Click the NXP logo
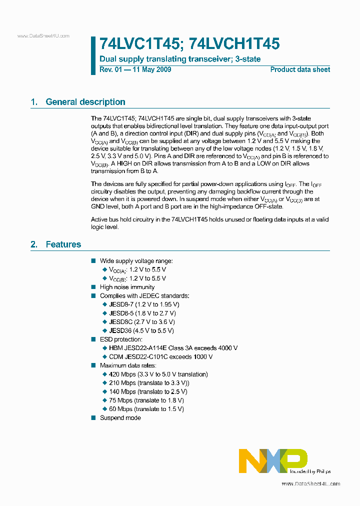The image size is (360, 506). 272,460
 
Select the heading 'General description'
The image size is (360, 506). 85,102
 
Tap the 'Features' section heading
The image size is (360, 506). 63,244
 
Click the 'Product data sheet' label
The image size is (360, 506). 300,69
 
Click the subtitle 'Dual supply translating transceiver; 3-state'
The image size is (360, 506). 180,59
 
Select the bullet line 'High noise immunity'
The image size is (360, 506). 127,287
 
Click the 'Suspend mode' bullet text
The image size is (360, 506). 120,417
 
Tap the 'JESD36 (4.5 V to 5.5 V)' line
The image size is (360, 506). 141,330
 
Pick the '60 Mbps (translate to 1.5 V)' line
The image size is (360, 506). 146,409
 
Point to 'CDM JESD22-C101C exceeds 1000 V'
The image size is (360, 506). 160,356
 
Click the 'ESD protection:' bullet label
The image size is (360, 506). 121,339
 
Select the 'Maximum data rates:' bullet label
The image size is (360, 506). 128,365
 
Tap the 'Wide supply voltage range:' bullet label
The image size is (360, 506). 136,261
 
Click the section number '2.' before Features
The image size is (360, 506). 34,244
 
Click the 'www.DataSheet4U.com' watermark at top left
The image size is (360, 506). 43,36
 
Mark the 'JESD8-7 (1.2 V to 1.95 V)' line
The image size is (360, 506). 144,304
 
